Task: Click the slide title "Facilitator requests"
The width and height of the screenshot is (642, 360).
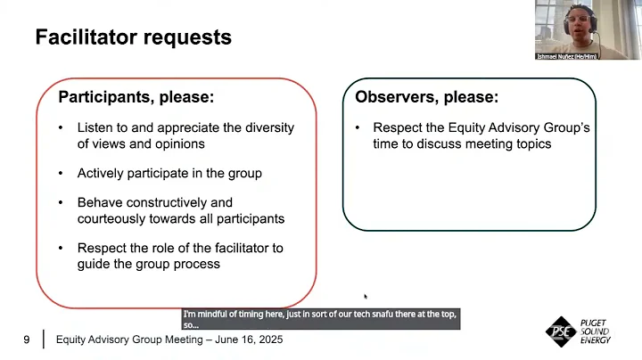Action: click(x=133, y=37)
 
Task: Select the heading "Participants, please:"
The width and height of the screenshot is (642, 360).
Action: click(x=136, y=96)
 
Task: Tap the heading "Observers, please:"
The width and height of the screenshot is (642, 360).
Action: click(x=427, y=96)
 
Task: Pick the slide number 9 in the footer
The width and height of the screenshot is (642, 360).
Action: click(x=27, y=340)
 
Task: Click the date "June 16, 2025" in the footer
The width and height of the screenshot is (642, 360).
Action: click(x=244, y=340)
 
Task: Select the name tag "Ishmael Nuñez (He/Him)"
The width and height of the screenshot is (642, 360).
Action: click(x=567, y=56)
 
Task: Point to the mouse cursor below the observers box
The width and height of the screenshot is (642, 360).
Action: click(x=365, y=296)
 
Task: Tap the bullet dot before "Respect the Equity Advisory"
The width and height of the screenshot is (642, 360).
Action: click(x=357, y=128)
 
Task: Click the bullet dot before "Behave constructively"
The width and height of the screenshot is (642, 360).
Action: click(x=61, y=202)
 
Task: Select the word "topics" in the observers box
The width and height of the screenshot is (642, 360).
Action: click(x=532, y=143)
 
